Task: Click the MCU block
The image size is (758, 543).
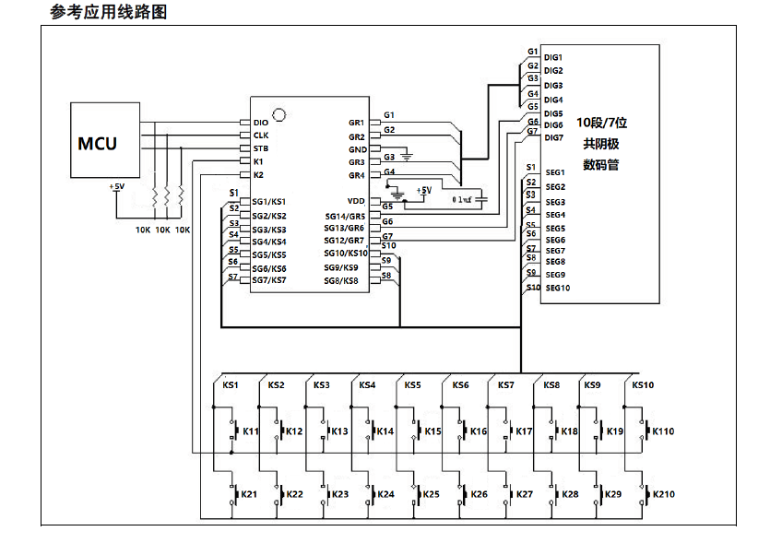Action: (98, 143)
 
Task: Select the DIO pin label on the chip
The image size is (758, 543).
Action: (261, 122)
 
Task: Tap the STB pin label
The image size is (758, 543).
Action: (261, 148)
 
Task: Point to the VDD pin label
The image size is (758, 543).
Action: (356, 200)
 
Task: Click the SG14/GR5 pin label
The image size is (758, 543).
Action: (345, 215)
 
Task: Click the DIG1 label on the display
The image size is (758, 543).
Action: (553, 57)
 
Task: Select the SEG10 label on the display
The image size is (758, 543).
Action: (557, 288)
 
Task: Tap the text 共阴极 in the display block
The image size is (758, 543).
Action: (601, 144)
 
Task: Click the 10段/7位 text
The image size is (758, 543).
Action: (601, 122)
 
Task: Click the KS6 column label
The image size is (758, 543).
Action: (459, 385)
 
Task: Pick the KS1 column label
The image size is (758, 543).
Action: (230, 385)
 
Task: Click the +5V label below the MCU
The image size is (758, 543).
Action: (116, 187)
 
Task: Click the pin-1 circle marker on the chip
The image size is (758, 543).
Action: (278, 114)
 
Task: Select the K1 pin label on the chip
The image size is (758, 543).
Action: (258, 161)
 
